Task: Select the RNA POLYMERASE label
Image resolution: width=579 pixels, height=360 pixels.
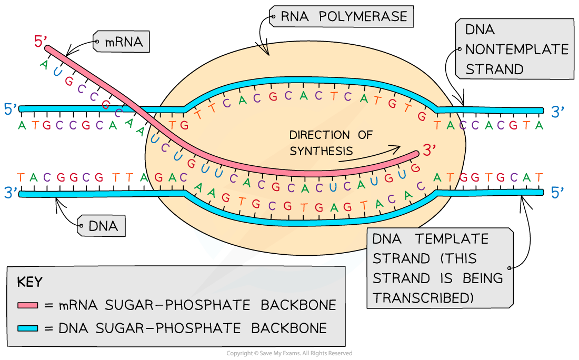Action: (342, 17)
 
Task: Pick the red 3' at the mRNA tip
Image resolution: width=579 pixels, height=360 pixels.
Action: (431, 150)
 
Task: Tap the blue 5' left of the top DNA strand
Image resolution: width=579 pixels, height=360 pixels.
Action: (11, 109)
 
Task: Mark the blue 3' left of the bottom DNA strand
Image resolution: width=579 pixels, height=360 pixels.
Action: (11, 193)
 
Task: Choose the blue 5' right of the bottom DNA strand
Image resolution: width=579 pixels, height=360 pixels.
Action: (558, 193)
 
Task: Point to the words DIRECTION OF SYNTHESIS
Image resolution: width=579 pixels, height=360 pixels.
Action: (331, 143)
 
